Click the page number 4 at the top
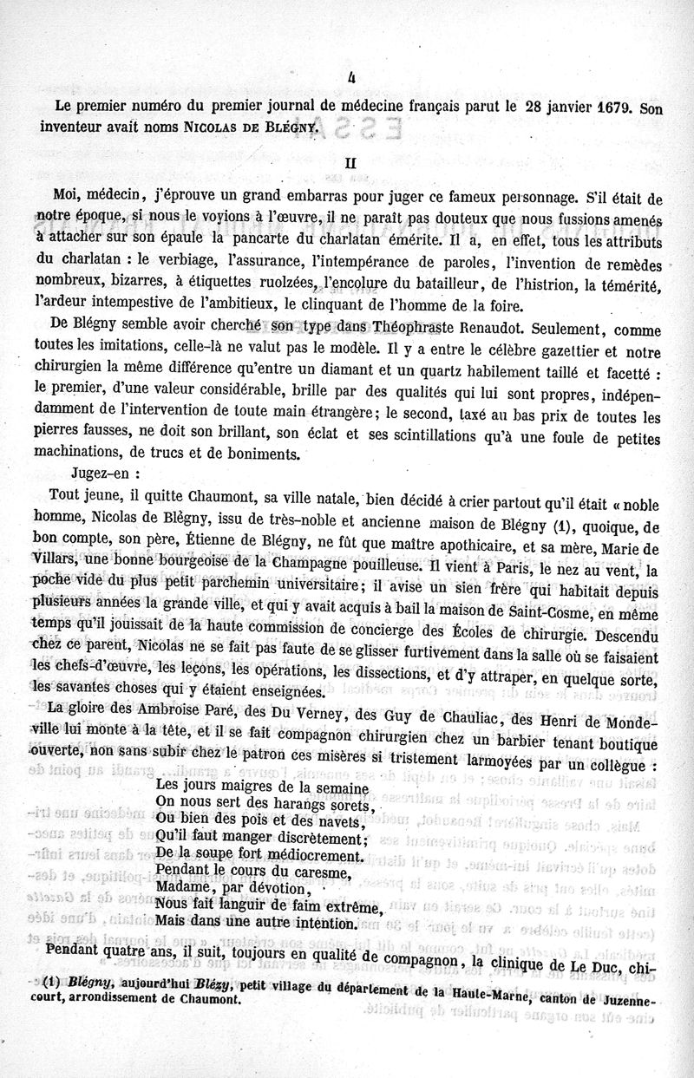coord(351,77)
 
